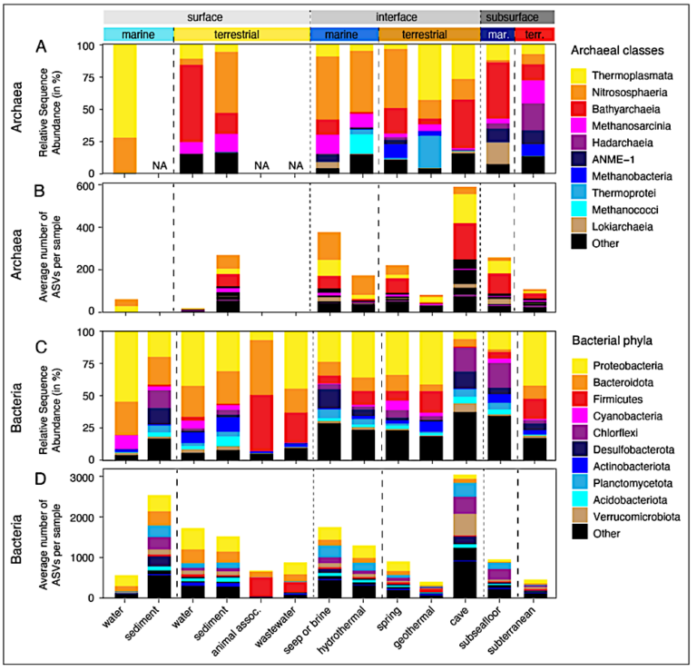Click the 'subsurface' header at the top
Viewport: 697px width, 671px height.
click(516, 16)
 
